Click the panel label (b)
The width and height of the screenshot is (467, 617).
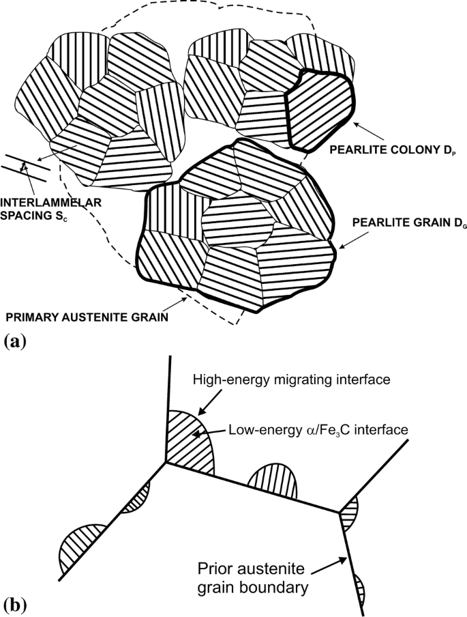click(14, 604)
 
